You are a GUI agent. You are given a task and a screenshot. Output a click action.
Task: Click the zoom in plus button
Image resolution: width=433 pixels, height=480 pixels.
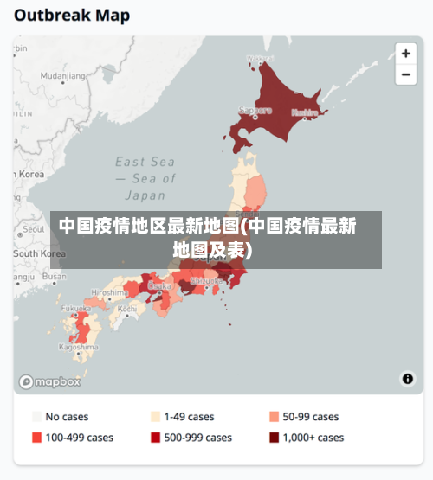(405, 54)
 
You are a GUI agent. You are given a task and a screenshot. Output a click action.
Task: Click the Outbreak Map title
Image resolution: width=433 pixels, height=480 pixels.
(72, 15)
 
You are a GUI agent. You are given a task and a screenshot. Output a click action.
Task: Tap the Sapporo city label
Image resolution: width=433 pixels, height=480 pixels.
(255, 111)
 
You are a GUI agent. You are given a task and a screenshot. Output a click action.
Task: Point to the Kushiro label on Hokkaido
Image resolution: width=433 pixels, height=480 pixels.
(304, 112)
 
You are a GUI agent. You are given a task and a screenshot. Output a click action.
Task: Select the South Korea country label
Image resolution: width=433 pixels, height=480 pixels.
(39, 253)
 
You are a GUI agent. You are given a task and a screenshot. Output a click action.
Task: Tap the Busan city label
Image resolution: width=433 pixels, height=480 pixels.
(54, 277)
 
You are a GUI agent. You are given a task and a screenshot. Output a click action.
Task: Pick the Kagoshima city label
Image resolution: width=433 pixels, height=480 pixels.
(78, 347)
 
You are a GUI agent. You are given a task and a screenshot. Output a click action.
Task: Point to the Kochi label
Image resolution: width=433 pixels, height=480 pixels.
(126, 308)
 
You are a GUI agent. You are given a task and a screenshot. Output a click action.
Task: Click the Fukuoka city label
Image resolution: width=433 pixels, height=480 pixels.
(75, 308)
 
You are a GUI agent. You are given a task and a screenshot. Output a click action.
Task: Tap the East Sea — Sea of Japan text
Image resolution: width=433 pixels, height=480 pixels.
(145, 179)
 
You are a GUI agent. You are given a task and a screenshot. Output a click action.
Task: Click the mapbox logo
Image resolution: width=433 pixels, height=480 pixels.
(50, 381)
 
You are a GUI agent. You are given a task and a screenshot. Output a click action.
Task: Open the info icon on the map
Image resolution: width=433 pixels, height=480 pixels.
(407, 379)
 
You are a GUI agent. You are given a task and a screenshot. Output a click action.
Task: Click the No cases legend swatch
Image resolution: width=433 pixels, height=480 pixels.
(36, 417)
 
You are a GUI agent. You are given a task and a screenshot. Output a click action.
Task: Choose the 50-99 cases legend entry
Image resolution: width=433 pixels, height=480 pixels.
(304, 417)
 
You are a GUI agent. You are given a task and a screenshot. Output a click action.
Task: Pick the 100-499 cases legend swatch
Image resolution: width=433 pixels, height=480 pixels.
(36, 438)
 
